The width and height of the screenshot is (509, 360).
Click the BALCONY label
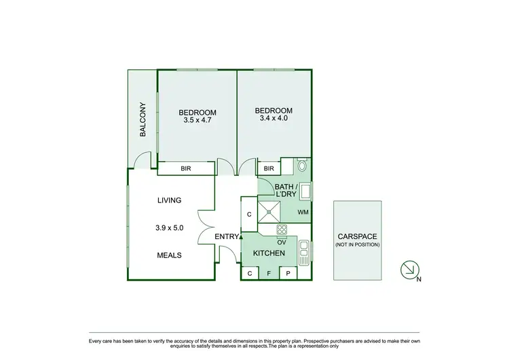(143, 120)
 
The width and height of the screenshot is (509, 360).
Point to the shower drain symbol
(269, 211)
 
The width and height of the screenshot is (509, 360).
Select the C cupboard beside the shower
(249, 214)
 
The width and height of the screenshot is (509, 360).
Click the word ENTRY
(227, 236)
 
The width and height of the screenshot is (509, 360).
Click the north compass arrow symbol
(409, 270)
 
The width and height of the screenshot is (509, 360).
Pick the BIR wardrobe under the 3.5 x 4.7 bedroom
(186, 169)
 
